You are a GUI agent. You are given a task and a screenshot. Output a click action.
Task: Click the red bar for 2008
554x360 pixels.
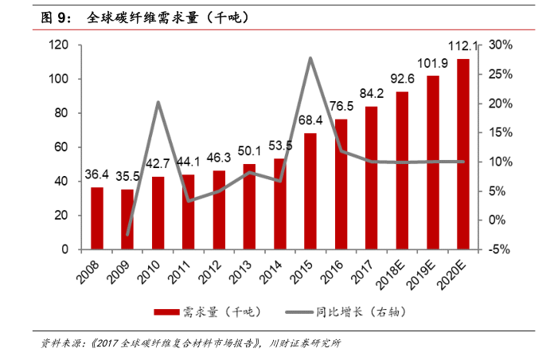pyautogui.click(x=97, y=218)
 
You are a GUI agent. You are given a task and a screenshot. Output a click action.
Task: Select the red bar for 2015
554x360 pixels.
pyautogui.click(x=310, y=191)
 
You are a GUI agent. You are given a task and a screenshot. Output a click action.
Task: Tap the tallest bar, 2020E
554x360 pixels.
pyautogui.click(x=462, y=154)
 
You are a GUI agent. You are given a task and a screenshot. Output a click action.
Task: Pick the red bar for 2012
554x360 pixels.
pyautogui.click(x=219, y=209)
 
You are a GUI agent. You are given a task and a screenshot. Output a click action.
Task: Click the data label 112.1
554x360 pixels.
pyautogui.click(x=462, y=46)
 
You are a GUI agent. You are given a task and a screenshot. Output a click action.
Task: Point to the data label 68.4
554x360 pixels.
pyautogui.click(x=308, y=120)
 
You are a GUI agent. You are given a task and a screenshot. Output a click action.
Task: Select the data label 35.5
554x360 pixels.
pyautogui.click(x=127, y=177)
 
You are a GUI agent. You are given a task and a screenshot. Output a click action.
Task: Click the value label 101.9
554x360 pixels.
pyautogui.click(x=432, y=64)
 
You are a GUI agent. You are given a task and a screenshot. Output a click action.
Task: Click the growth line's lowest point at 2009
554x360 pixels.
pyautogui.click(x=127, y=235)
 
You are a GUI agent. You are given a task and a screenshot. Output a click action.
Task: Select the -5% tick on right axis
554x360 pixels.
pyautogui.click(x=501, y=249)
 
